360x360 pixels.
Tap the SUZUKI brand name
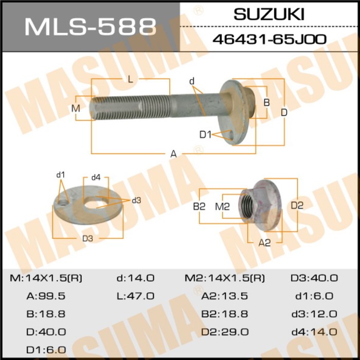[269, 14]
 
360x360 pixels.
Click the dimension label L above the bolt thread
[131, 79]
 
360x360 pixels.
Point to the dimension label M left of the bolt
[76, 108]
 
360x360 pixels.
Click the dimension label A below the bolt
[174, 154]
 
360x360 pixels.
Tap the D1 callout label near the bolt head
[206, 135]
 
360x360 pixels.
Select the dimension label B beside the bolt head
[266, 102]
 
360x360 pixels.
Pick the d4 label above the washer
[96, 177]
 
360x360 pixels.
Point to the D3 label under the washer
[87, 239]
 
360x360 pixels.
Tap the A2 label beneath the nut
[264, 243]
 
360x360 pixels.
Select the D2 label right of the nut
[297, 206]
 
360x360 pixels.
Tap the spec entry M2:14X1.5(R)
[224, 278]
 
